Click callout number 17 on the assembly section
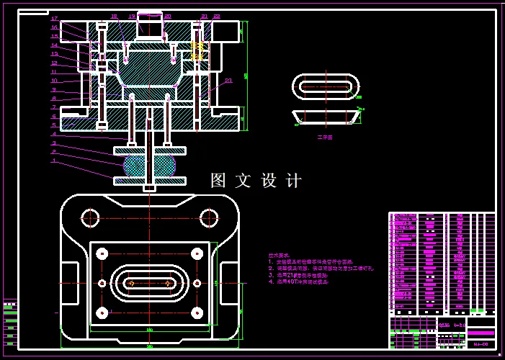click(54, 19)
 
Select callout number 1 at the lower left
click(54, 161)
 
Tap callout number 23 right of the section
click(228, 81)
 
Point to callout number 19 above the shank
click(132, 16)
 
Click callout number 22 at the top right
click(217, 16)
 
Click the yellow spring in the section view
click(197, 49)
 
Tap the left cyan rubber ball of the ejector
click(134, 166)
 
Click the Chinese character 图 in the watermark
click(218, 181)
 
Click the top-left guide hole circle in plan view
click(90, 217)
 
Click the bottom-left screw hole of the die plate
click(102, 312)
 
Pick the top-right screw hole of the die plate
click(197, 253)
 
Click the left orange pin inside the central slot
click(131, 283)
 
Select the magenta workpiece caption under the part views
click(325, 136)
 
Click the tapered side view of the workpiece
click(326, 117)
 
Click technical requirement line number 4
click(298, 282)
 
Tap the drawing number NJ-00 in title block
click(481, 345)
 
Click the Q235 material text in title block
click(444, 325)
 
